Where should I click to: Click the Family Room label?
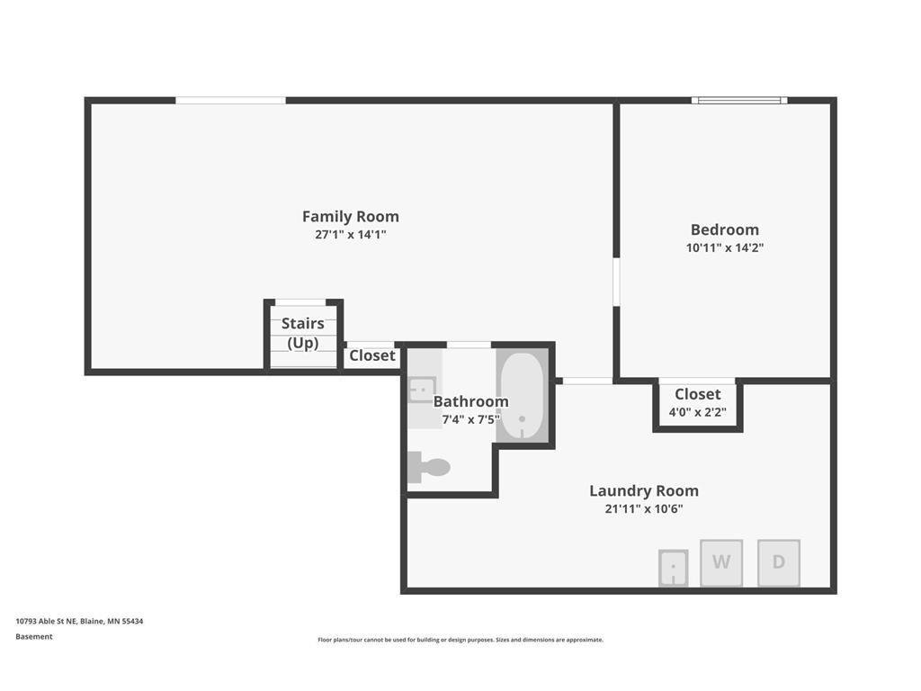point(351,217)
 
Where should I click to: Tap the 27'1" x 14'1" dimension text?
point(351,235)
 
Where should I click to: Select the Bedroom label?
point(725,229)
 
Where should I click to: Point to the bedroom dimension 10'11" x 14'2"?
point(725,247)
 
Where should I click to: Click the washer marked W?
point(721,562)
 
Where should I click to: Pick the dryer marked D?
point(779,562)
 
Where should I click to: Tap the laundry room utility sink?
point(673,568)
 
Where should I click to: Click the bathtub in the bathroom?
point(523,396)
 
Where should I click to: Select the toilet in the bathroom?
point(429,467)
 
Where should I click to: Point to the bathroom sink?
point(422,390)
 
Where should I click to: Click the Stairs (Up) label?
point(303,333)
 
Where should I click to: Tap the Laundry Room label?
point(644,490)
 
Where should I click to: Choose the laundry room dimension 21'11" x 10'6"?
point(644,509)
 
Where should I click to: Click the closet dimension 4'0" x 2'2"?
point(698,412)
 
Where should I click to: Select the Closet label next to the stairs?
point(372,355)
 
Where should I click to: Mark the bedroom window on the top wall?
point(739,101)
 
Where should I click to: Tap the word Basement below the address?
point(34,636)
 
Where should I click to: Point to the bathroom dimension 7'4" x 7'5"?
point(471,419)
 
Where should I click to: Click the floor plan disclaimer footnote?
point(460,640)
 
